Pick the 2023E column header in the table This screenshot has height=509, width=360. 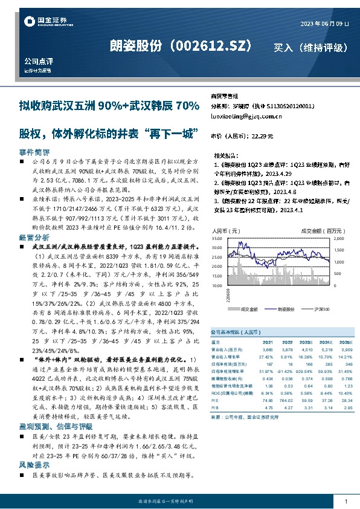click(x=307, y=342)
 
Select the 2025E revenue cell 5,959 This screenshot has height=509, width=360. click(x=346, y=349)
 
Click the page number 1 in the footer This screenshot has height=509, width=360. click(x=346, y=502)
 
